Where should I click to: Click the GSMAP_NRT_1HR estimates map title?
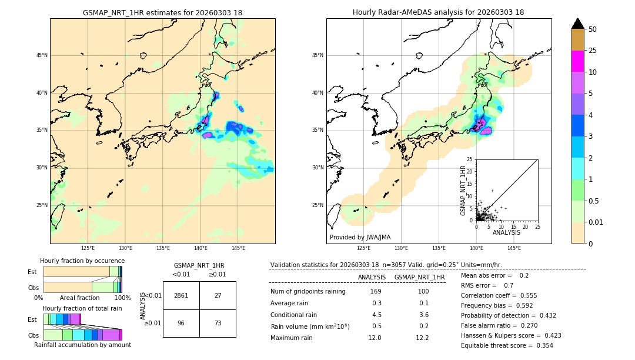[162, 12]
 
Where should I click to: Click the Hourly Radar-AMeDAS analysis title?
[438, 12]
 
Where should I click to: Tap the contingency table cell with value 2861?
[181, 295]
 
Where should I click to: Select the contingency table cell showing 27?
[218, 295]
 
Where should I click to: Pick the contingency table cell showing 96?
[181, 323]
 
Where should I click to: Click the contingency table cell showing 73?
[218, 323]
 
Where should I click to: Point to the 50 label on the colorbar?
[593, 29]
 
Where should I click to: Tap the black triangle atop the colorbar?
[578, 24]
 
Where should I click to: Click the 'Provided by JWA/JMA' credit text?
[360, 238]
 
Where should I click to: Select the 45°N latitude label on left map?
[42, 55]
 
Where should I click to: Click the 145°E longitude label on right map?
[514, 248]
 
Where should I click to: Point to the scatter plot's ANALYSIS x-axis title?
[506, 232]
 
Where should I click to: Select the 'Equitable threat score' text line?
[507, 345]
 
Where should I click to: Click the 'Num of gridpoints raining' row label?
[308, 292]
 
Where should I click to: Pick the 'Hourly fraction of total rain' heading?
[82, 308]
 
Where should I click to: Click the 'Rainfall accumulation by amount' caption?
[82, 345]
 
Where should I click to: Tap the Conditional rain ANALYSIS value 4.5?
[376, 315]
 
